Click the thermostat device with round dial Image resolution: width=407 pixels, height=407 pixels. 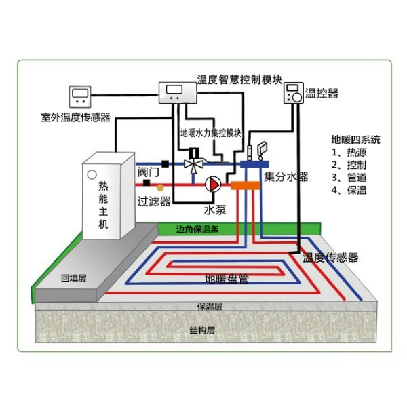[294, 94]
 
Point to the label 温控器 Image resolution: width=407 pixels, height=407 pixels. [322, 93]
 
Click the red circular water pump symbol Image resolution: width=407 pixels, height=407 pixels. [213, 183]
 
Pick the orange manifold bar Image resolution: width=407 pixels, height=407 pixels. [245, 184]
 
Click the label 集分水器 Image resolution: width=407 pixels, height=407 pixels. [286, 177]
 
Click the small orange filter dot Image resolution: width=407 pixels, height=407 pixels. [160, 185]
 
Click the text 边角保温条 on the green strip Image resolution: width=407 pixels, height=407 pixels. [197, 228]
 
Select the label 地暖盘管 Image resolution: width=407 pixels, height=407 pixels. [227, 278]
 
